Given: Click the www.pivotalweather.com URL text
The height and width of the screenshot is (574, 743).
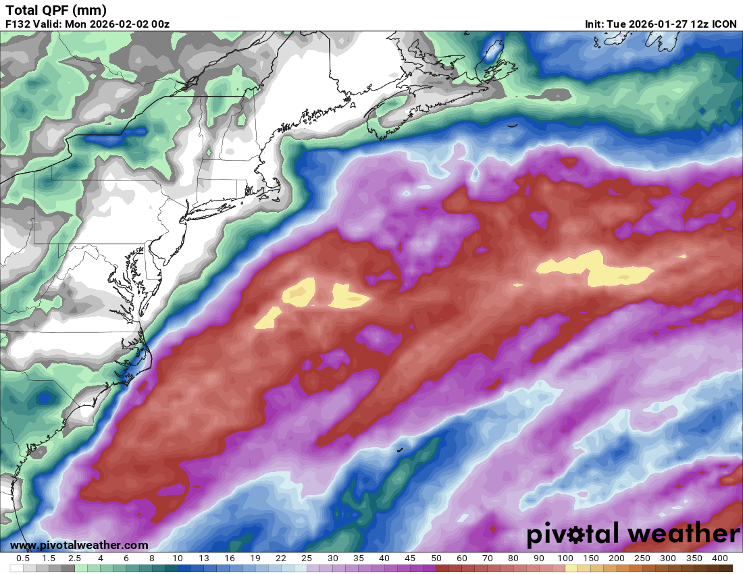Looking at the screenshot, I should (x=79, y=545).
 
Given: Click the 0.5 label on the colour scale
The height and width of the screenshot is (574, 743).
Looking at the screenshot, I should (x=22, y=558).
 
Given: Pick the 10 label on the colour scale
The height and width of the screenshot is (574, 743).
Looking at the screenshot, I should (x=177, y=558).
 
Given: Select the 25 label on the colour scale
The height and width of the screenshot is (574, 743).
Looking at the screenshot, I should (x=307, y=558).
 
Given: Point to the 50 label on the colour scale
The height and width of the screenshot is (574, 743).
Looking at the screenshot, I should (x=436, y=558).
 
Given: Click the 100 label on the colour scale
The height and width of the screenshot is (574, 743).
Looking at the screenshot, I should (x=565, y=558).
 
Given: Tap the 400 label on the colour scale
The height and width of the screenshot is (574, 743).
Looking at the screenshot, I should (x=719, y=558).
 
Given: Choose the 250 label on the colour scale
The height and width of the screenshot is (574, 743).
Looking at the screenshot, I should (x=642, y=558).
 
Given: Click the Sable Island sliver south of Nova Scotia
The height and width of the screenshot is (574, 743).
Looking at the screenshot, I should (x=513, y=125).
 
